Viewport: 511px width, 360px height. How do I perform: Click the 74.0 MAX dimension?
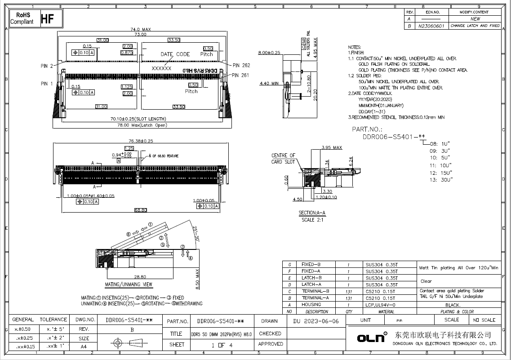140,29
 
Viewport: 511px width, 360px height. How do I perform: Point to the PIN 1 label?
47,84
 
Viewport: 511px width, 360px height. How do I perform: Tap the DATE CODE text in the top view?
175,54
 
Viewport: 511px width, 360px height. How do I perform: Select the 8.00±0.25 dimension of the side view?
269,53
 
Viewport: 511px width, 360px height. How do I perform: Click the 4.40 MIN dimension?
269,83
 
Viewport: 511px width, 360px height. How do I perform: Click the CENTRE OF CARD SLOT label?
283,159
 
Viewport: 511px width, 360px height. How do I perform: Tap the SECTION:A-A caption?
312,213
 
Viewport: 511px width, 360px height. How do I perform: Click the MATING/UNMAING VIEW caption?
129,284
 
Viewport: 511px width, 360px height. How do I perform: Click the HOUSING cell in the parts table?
311,305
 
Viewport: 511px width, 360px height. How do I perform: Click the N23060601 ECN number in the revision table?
431,26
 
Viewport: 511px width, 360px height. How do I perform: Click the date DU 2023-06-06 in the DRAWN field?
319,321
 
